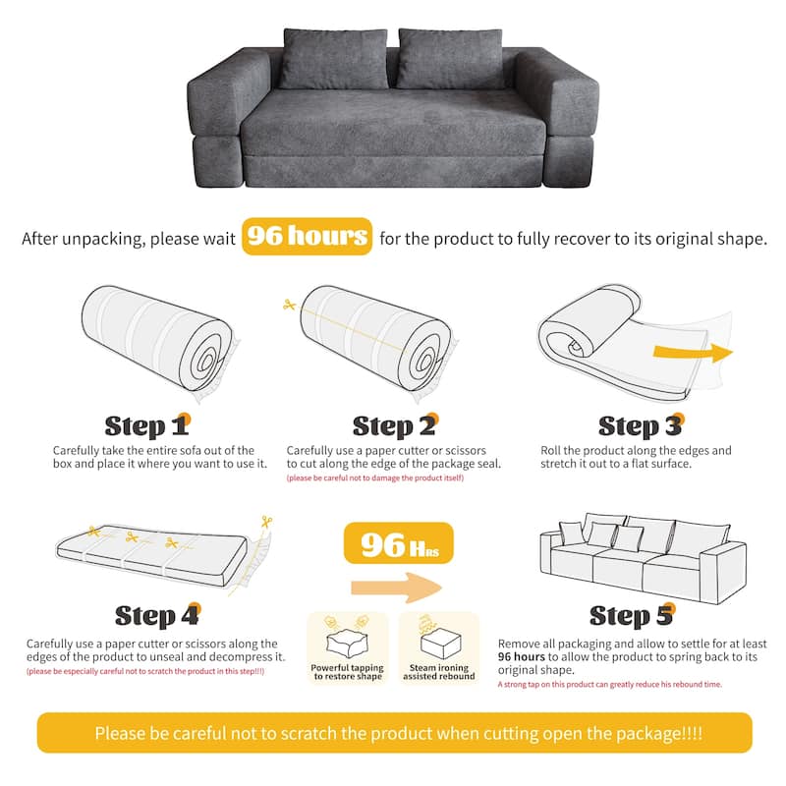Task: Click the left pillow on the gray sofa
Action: tap(335, 59)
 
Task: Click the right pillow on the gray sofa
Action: tap(451, 58)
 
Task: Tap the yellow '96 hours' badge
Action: tap(307, 236)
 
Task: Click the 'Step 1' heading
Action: tap(147, 426)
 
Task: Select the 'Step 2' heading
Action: tap(396, 426)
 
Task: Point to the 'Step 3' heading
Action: tap(642, 426)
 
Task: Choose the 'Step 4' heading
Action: tap(158, 616)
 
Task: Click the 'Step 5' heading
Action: tap(632, 616)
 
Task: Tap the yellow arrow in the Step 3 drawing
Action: tap(693, 353)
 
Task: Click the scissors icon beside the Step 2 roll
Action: tap(289, 304)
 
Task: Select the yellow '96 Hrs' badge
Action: tap(399, 543)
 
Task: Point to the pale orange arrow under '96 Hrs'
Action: tap(396, 588)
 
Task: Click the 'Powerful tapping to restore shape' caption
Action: tap(348, 672)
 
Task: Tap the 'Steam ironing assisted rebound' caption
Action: tap(438, 672)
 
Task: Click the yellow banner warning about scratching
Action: tap(395, 733)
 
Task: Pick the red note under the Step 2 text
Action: tap(375, 477)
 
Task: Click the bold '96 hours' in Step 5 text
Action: tap(521, 656)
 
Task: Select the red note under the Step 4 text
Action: tap(145, 671)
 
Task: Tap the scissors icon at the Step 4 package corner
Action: tap(266, 523)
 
